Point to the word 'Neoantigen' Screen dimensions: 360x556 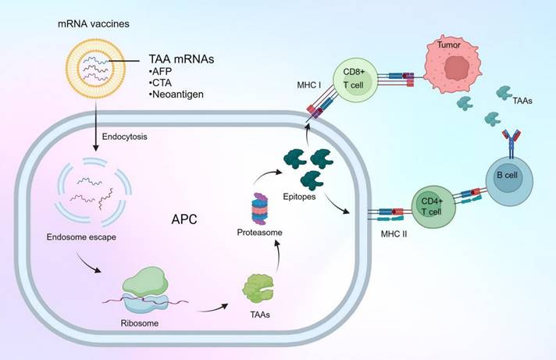pos(180,94)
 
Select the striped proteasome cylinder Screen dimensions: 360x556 pos(262,209)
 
